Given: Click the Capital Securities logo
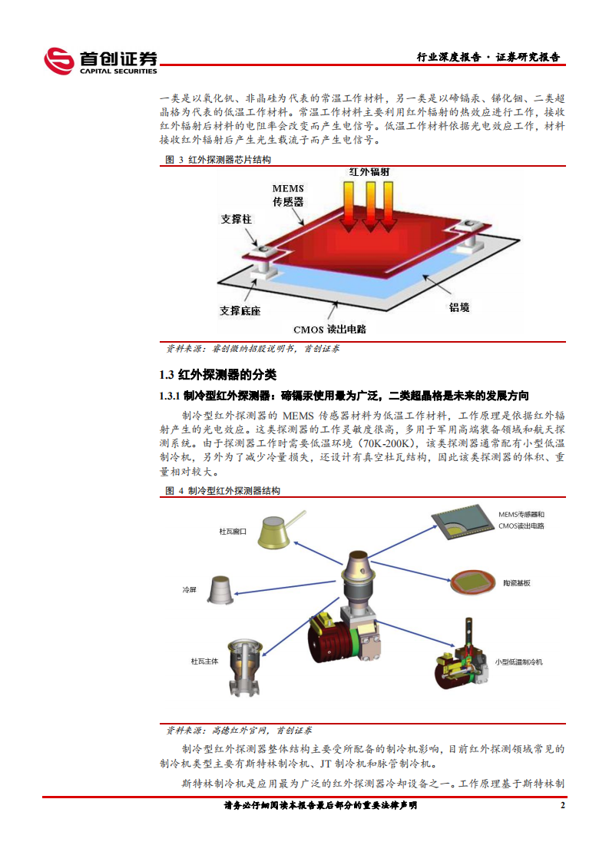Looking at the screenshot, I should (x=101, y=61).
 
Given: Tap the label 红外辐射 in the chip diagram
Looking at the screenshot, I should (x=369, y=173).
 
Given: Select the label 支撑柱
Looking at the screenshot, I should (x=236, y=219).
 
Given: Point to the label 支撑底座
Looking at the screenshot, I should (x=240, y=311).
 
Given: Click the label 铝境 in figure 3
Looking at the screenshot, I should (x=458, y=307).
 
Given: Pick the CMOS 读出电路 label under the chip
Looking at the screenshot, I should (x=330, y=329).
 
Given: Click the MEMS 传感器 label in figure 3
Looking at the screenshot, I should (x=288, y=195).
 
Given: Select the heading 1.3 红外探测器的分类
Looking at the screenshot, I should (x=217, y=375).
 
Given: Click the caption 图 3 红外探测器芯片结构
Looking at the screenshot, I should (x=218, y=160).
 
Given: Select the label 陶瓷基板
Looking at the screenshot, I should (x=515, y=583).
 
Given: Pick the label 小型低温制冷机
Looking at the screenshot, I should (x=518, y=661).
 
